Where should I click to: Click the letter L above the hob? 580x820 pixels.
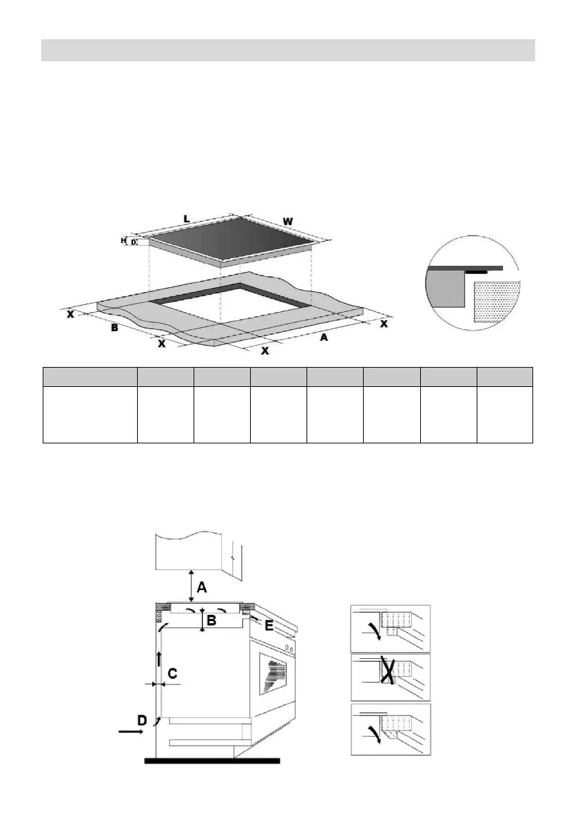tap(186, 218)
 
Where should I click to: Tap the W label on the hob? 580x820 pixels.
tap(288, 221)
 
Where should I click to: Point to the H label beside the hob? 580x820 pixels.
tap(123, 240)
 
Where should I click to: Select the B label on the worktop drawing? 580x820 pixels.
tap(115, 328)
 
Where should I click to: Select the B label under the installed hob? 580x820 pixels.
tap(213, 620)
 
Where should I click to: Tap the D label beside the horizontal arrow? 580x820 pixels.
tap(141, 720)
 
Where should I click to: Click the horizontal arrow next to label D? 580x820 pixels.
tap(131, 733)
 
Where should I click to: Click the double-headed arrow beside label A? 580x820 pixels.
tap(191, 586)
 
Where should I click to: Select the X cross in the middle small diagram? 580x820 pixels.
tap(389, 671)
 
